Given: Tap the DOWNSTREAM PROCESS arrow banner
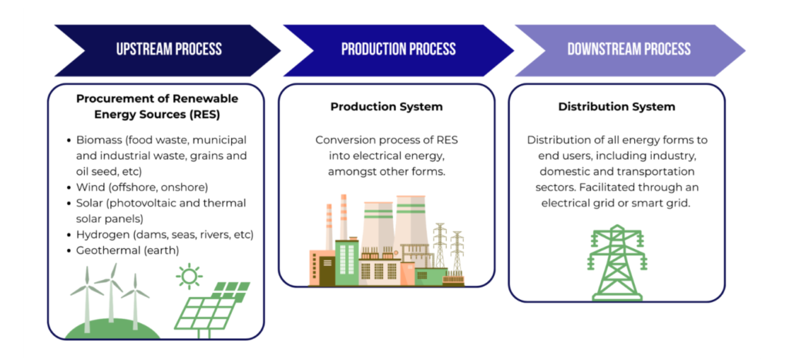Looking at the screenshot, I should (629, 49).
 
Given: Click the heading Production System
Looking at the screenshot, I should (387, 106).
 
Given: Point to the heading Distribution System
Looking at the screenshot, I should (616, 106).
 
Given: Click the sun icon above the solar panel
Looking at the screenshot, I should (188, 276).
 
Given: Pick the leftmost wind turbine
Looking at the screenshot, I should (86, 297).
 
